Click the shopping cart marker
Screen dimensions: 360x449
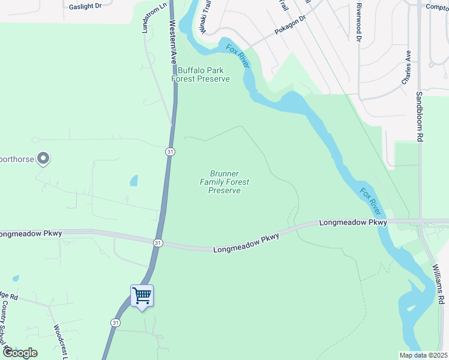142,296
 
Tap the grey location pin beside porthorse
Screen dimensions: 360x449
43,158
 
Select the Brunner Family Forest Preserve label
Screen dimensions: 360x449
224,182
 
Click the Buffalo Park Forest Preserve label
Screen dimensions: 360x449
200,74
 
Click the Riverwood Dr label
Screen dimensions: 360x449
358,22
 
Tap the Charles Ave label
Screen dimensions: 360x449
406,67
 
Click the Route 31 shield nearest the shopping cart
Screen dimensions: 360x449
115,322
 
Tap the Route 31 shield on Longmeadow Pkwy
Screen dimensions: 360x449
157,242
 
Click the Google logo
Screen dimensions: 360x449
20,353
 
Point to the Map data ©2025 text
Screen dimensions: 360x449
423,355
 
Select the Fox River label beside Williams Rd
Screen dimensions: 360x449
370,200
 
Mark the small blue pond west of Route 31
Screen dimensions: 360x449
133,180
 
